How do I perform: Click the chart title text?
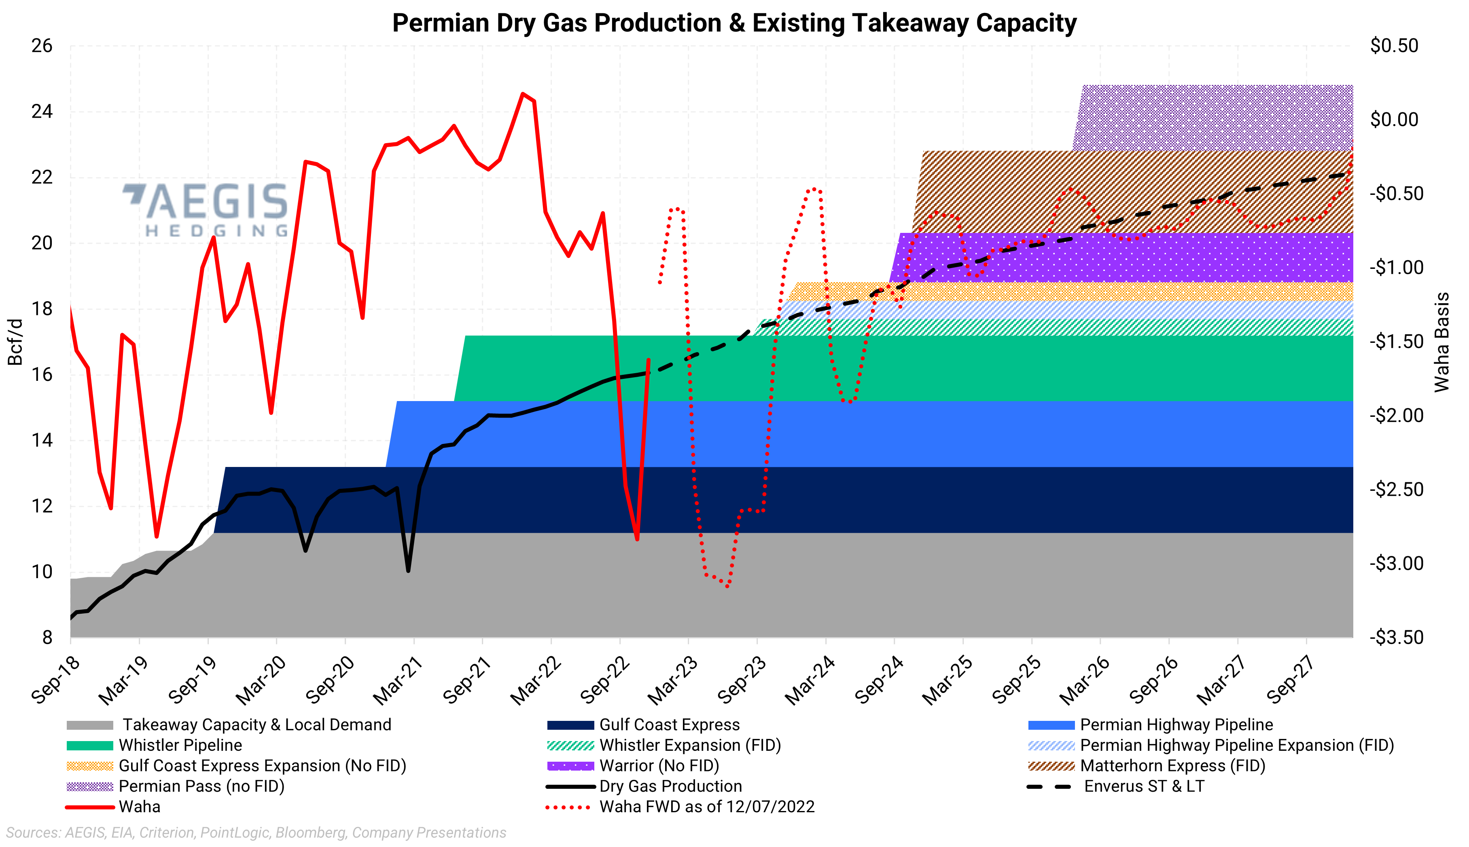tap(734, 23)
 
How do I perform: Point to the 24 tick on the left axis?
tap(42, 111)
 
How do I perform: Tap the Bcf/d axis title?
tap(15, 342)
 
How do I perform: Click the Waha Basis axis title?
tap(1441, 342)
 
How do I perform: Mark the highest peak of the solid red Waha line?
tap(523, 94)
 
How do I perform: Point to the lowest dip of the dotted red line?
tap(727, 586)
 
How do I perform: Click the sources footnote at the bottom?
tap(256, 832)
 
